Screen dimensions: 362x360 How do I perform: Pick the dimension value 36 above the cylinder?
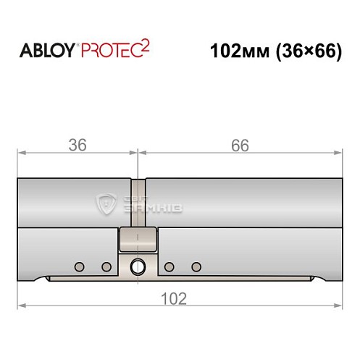77,145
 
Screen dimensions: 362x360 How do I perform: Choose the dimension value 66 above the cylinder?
240,145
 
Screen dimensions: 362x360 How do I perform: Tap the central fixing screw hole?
137,267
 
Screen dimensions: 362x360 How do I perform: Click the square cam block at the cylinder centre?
138,237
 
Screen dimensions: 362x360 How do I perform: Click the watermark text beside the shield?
151,204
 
